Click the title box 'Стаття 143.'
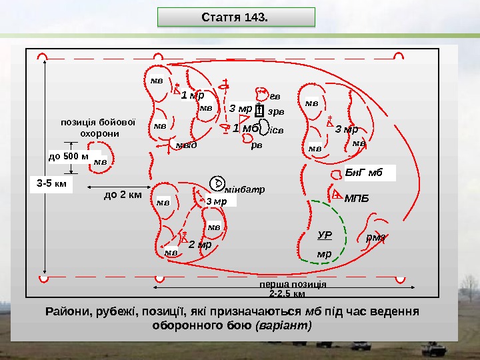tap(235, 17)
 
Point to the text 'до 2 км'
tap(123, 195)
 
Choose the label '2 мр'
tap(199, 245)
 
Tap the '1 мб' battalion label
tap(245, 128)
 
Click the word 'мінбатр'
tap(246, 189)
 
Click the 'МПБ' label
tap(357, 198)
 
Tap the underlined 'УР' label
tap(325, 235)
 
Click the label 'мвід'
tap(186, 145)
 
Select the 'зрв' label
tap(276, 111)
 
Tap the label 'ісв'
tap(276, 131)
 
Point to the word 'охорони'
tap(99, 133)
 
